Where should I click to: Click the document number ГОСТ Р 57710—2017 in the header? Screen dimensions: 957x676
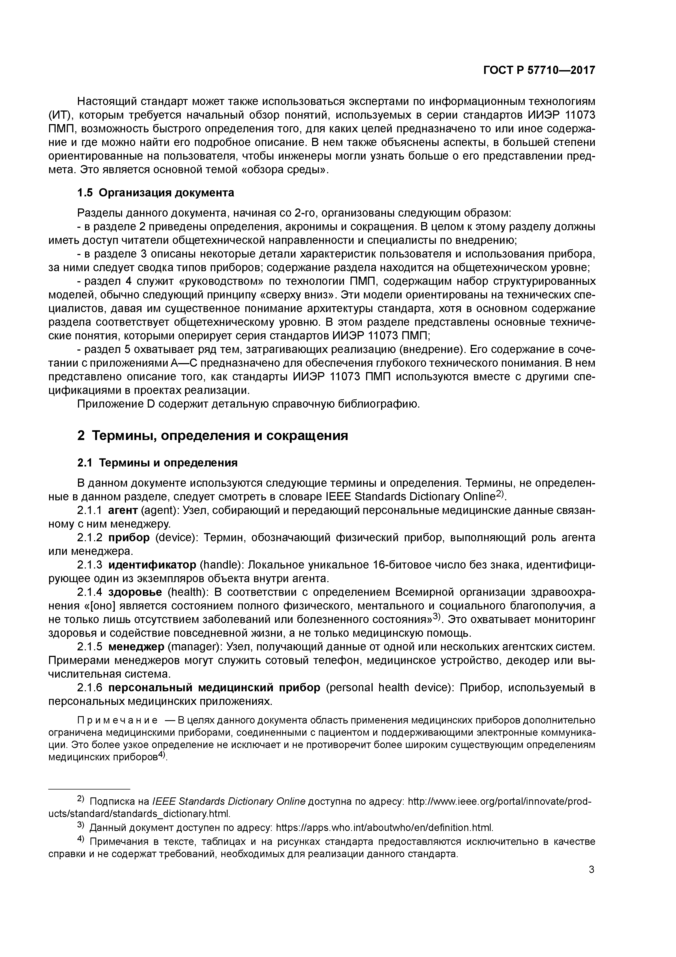tap(539, 70)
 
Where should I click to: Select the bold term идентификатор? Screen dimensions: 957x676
tap(152, 565)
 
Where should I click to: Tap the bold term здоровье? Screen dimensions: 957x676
tap(135, 592)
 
